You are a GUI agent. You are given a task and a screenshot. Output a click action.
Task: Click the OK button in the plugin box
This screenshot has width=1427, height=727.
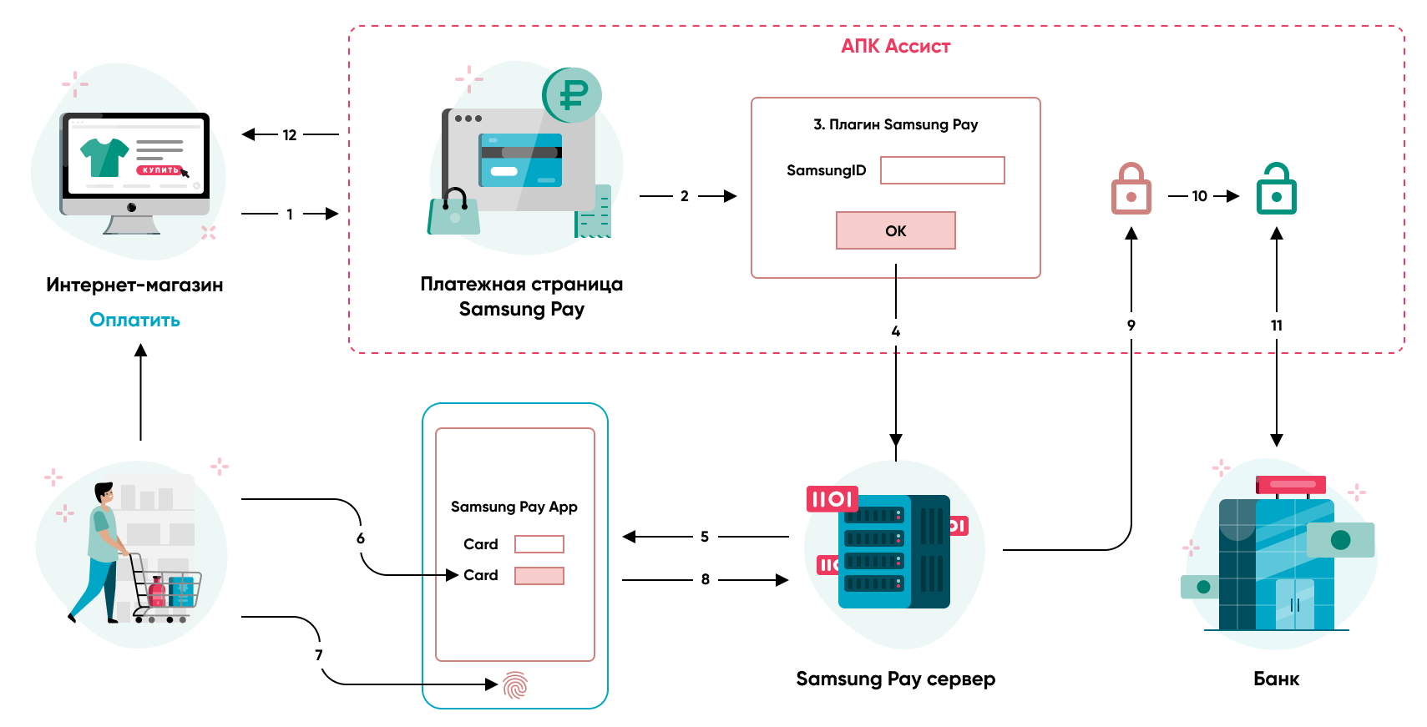click(x=895, y=230)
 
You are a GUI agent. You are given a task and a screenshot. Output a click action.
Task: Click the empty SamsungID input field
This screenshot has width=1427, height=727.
click(x=942, y=170)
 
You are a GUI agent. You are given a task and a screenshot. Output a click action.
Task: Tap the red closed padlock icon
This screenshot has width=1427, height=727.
click(x=1131, y=189)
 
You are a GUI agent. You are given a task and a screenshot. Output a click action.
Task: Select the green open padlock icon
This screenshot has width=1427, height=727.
click(x=1276, y=189)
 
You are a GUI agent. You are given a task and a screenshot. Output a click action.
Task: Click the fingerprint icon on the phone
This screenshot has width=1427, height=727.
click(x=515, y=685)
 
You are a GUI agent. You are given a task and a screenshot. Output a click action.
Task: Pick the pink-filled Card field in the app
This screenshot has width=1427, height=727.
click(x=539, y=576)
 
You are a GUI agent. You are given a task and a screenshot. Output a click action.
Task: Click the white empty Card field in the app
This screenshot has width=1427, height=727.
click(x=539, y=544)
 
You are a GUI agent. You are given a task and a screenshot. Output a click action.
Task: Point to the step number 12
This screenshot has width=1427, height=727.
click(x=290, y=135)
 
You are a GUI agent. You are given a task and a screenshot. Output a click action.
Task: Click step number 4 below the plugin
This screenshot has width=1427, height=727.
click(x=895, y=331)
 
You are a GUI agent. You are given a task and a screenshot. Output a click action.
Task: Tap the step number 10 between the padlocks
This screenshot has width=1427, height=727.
click(x=1199, y=196)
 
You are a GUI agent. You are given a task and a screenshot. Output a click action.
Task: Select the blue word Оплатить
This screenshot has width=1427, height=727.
click(x=134, y=320)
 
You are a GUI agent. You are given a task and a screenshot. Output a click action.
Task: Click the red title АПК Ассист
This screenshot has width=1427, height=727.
click(x=895, y=47)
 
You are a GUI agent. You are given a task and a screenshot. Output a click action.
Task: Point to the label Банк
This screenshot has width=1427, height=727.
click(x=1276, y=679)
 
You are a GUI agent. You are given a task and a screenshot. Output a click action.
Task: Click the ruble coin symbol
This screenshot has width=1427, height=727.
click(x=573, y=94)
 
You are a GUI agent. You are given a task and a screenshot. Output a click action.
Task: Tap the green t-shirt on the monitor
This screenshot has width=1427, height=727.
click(x=104, y=156)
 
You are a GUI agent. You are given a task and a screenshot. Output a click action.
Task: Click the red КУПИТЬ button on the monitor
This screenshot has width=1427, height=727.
click(x=159, y=170)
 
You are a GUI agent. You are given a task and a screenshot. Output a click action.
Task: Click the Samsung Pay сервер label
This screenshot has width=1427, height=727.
click(x=895, y=679)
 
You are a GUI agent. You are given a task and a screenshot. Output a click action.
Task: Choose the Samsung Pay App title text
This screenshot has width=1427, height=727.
click(x=514, y=507)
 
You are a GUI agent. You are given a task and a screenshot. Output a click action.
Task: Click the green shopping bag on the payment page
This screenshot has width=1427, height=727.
click(x=454, y=215)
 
